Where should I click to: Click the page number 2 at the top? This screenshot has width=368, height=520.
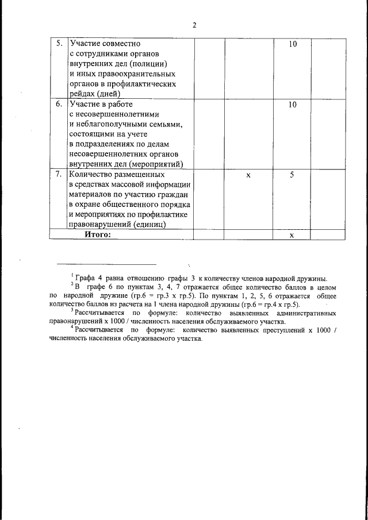pyautogui.click(x=194, y=25)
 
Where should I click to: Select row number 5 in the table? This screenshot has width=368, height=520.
pyautogui.click(x=59, y=44)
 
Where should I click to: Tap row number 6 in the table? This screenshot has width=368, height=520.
pyautogui.click(x=59, y=105)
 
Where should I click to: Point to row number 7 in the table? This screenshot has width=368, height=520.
pyautogui.click(x=59, y=174)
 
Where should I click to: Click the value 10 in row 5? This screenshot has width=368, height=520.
pyautogui.click(x=292, y=44)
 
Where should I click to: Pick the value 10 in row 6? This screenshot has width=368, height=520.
pyautogui.click(x=292, y=105)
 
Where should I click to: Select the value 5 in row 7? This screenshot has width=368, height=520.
pyautogui.click(x=292, y=174)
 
